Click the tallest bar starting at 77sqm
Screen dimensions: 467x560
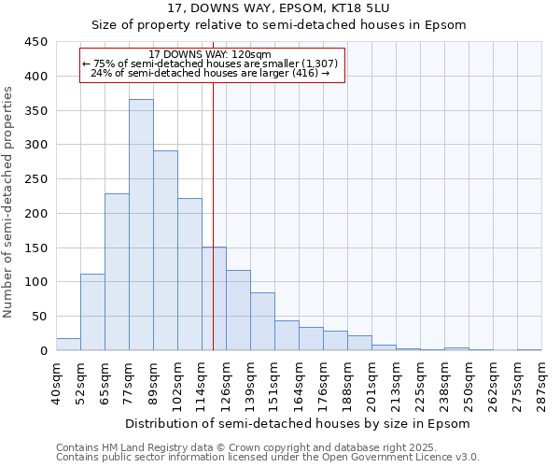point(141,224)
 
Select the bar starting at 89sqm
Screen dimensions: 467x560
point(165,250)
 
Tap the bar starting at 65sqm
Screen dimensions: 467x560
point(117,272)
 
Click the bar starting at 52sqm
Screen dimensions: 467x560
point(92,312)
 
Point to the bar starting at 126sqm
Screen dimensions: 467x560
point(238,310)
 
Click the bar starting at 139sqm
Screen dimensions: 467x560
point(262,321)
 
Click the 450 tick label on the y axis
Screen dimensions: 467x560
point(36,42)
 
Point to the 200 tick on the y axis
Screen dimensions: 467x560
point(36,214)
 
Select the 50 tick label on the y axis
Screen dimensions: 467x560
point(40,317)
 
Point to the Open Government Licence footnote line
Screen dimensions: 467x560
point(268,458)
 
